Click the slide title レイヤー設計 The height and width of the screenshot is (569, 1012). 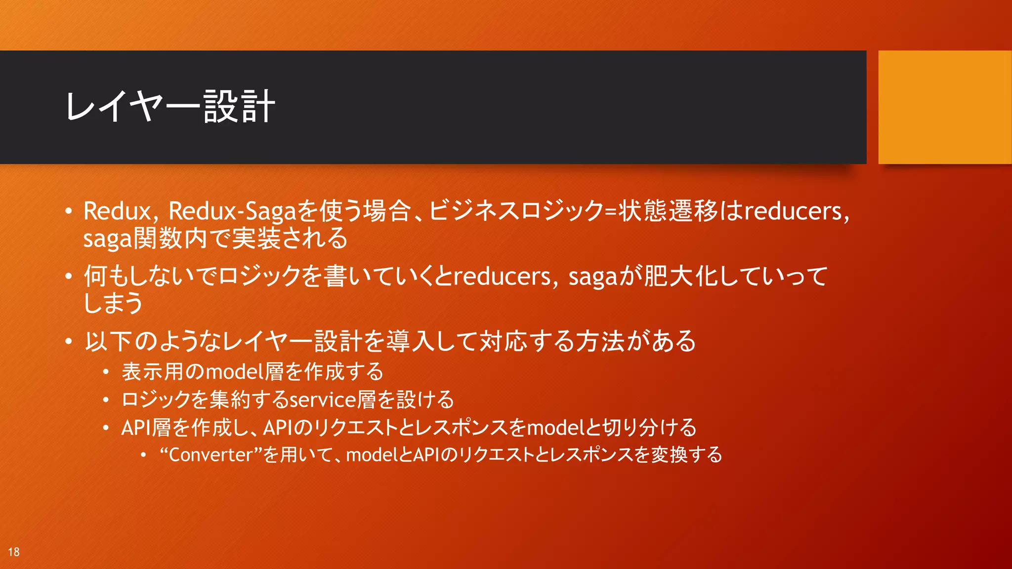[x=170, y=107]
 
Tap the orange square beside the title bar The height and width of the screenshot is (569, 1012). [x=944, y=107]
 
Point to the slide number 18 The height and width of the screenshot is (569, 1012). [x=14, y=552]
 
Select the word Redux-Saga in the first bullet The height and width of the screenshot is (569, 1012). [x=232, y=211]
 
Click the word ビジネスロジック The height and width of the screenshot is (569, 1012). [x=515, y=211]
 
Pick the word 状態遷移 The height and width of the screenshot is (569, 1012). [x=668, y=211]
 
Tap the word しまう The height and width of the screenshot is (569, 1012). [x=113, y=303]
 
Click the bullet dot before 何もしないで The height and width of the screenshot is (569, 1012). [x=69, y=276]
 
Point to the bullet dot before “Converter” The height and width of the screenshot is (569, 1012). [x=143, y=455]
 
